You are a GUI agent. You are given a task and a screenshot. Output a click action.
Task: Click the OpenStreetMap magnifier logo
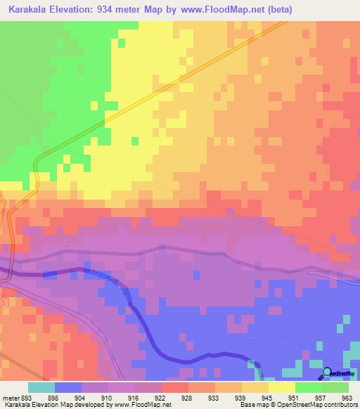pos(327,373)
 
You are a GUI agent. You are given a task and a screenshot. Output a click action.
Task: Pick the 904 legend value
pos(87,397)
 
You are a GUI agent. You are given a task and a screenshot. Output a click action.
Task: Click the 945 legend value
pos(247,397)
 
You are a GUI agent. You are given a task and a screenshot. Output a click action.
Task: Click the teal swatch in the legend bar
pos(41,387)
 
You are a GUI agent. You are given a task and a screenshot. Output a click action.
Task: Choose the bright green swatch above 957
pos(308,387)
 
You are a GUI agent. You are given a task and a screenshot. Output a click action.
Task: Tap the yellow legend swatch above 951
pos(281,387)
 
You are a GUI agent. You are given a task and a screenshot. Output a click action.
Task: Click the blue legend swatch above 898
pos(67,387)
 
